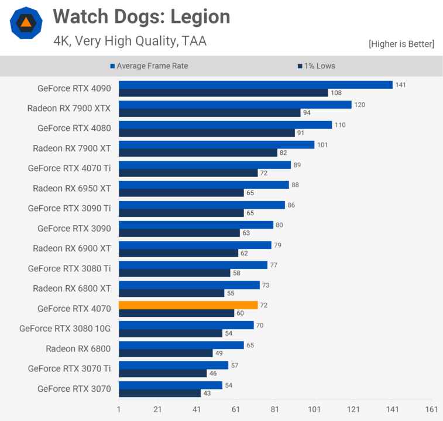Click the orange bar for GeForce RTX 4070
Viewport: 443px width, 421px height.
tap(188, 305)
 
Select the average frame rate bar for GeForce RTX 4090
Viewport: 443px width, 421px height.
tap(256, 85)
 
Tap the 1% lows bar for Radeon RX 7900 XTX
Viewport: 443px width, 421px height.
tap(210, 113)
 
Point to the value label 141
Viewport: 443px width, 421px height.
tap(400, 85)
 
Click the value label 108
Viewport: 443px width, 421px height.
tap(336, 93)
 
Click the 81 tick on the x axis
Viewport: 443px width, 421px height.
tap(276, 409)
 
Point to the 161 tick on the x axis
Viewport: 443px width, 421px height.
tap(432, 409)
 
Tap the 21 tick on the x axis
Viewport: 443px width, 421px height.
tap(158, 409)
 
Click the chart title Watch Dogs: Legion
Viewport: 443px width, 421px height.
tap(142, 17)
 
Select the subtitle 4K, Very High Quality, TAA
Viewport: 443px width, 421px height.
tap(130, 41)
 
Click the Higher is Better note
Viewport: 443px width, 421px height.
tap(401, 44)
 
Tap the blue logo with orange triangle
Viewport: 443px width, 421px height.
tap(26, 23)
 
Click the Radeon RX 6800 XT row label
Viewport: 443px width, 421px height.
tap(71, 288)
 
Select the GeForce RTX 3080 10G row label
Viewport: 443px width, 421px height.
tap(65, 328)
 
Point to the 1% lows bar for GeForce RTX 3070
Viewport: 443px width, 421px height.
tap(159, 393)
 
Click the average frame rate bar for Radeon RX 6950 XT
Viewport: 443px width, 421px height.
tap(204, 185)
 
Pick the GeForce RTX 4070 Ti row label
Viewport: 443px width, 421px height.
tap(69, 168)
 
